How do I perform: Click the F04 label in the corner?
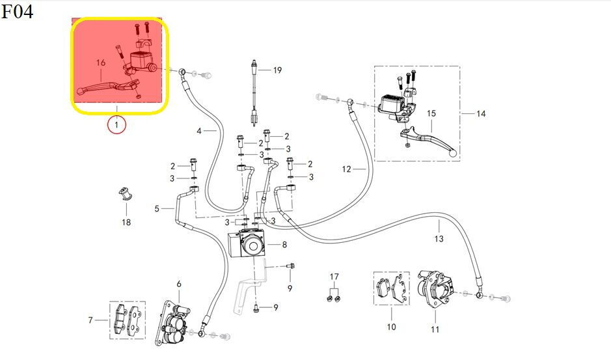[x=17, y=11]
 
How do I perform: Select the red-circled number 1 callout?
[x=116, y=124]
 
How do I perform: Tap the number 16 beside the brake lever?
[x=101, y=63]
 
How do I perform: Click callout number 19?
[x=277, y=70]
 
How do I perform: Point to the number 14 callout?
[x=481, y=114]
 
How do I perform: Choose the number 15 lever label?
[x=431, y=114]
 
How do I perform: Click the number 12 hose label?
[x=346, y=169]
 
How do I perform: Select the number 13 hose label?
[x=439, y=239]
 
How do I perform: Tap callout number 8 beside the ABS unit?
[x=284, y=245]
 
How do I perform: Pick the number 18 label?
[x=126, y=223]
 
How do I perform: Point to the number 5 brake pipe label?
[x=157, y=209]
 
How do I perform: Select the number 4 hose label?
[x=200, y=131]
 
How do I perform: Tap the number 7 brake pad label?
[x=90, y=320]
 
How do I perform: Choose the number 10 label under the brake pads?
[x=391, y=327]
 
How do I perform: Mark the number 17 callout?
[x=334, y=277]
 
